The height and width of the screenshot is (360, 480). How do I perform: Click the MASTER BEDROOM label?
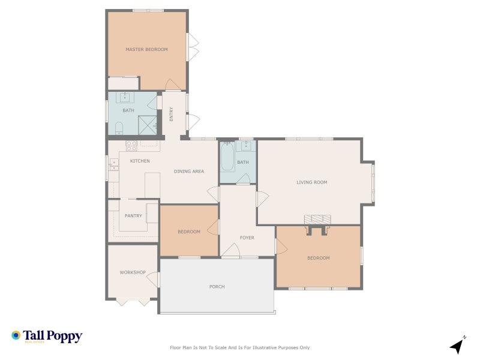146,49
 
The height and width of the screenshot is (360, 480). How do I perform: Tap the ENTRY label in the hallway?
172,114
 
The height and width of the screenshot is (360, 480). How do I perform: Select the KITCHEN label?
140,161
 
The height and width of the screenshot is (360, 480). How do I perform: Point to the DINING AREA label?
189,172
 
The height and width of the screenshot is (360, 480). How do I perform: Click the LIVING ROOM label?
312,182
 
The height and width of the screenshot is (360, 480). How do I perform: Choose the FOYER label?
247,238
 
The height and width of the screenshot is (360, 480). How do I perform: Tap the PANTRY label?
133,216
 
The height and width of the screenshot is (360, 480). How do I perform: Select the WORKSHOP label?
133,272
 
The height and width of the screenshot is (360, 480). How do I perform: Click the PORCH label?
217,287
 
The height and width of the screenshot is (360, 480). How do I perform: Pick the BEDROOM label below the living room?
318,258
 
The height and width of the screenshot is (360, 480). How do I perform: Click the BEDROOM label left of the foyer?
188,232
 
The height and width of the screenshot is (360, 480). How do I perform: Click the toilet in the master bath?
118,127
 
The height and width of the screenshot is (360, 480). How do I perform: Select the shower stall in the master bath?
148,125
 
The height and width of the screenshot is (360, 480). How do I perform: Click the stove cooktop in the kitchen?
131,145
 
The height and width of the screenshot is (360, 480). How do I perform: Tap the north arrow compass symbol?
458,345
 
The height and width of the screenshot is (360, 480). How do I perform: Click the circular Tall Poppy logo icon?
16,335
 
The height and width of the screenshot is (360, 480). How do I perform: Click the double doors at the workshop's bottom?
133,302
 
